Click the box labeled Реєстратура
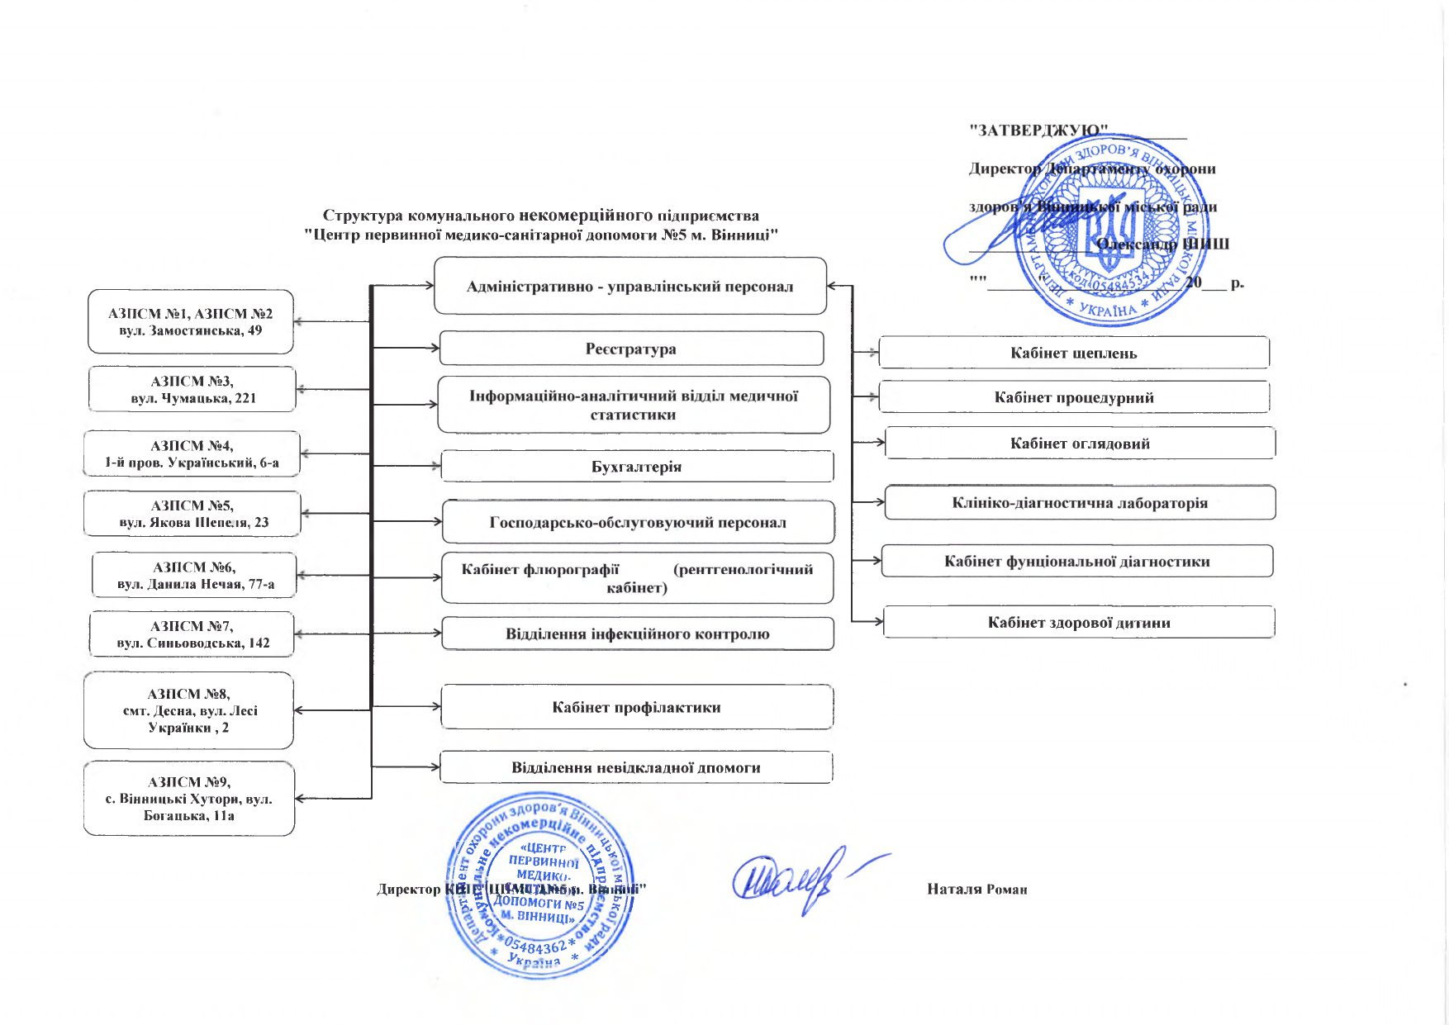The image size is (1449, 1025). click(x=631, y=349)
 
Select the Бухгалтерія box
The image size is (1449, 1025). click(x=637, y=467)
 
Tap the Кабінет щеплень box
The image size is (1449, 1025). click(x=1073, y=353)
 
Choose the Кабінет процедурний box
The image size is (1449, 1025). click(x=1073, y=397)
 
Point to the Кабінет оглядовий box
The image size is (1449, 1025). click(x=1080, y=444)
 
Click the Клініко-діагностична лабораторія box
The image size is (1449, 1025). click(x=1080, y=503)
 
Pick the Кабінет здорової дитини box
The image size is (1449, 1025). click(x=1078, y=623)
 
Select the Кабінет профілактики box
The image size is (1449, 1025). click(x=637, y=707)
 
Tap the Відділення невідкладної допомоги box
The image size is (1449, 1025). click(x=635, y=767)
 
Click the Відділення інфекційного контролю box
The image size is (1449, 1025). click(x=637, y=634)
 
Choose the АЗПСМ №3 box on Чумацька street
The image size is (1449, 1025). click(x=192, y=389)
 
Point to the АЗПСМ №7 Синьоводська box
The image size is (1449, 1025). click(x=192, y=634)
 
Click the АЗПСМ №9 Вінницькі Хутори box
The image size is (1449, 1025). click(x=189, y=799)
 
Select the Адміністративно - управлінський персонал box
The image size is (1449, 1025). click(x=629, y=287)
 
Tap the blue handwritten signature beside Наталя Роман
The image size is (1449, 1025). click(x=793, y=880)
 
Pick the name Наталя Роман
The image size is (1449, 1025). click(x=976, y=890)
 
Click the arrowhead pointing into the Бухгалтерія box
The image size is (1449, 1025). click(x=436, y=467)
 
